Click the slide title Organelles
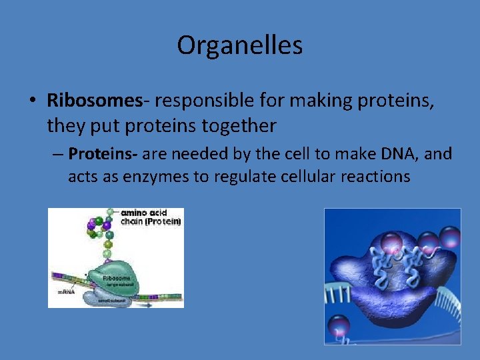pyautogui.click(x=239, y=45)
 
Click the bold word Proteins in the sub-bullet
pyautogui.click(x=102, y=154)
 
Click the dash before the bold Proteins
pyautogui.click(x=58, y=155)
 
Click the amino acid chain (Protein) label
pyautogui.click(x=150, y=217)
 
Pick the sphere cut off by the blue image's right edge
pyautogui.click(x=452, y=237)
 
